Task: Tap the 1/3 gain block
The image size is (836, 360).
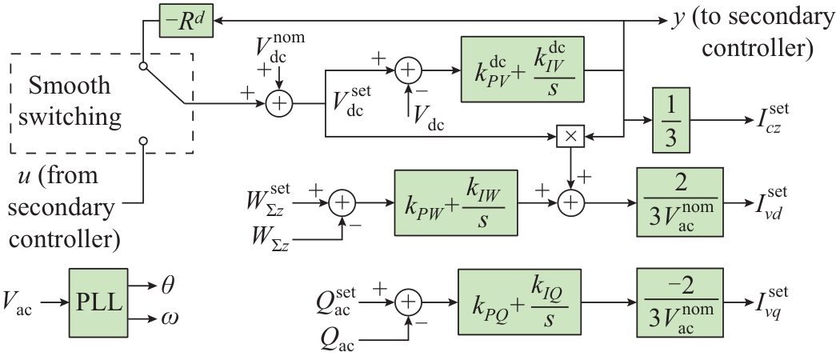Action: [671, 121]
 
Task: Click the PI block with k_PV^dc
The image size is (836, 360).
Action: [522, 70]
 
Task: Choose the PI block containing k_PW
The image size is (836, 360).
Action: [456, 203]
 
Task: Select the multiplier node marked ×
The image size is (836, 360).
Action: [570, 137]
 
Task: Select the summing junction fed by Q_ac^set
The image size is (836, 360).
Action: [409, 302]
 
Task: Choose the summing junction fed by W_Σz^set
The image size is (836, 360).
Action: [342, 203]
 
